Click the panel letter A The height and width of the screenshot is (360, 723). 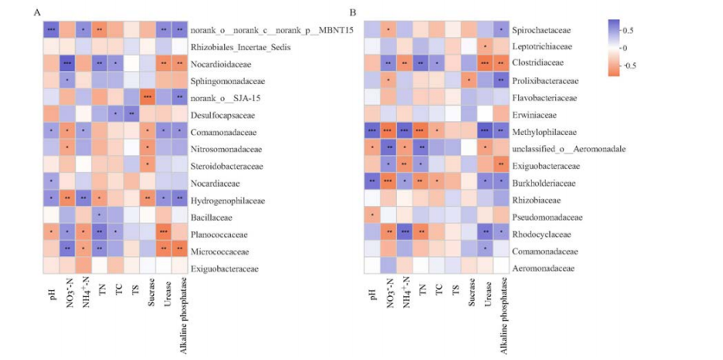click(x=36, y=12)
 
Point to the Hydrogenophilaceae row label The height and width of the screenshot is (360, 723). click(x=228, y=200)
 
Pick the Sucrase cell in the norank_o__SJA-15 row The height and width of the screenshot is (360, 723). click(x=147, y=97)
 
